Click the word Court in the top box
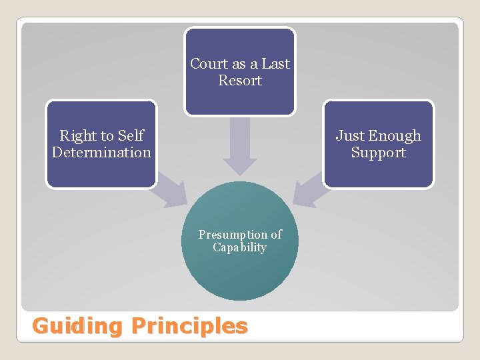(209, 64)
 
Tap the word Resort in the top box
(240, 81)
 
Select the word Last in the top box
(275, 64)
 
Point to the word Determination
(101, 153)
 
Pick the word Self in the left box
(131, 136)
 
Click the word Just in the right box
(349, 136)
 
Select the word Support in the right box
(379, 153)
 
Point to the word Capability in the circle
(240, 247)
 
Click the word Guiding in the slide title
(78, 326)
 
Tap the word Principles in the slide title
(189, 326)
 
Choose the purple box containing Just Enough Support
(379, 173)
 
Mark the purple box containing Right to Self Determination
(101, 173)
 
